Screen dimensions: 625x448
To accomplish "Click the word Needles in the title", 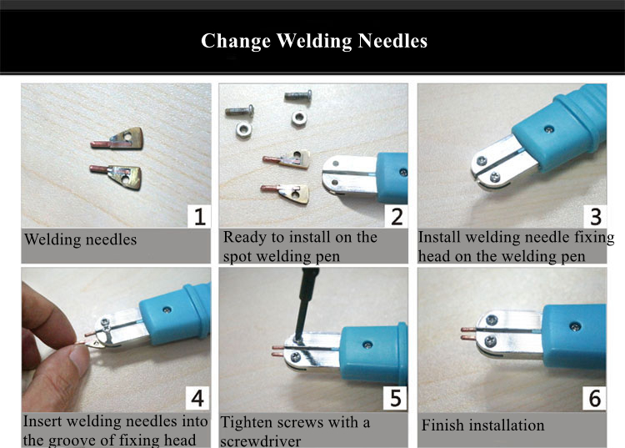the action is click(392, 41).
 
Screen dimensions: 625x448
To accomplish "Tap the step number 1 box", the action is click(199, 216).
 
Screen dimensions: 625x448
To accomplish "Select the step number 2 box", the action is click(396, 216).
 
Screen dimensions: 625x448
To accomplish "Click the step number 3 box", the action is click(595, 216).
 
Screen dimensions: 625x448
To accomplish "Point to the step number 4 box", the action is click(197, 398).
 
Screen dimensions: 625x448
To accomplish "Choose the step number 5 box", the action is click(395, 398).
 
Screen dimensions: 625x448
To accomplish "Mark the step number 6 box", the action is click(594, 398).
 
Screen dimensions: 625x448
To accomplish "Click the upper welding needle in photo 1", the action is click(117, 139).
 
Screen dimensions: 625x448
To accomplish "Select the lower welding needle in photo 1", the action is click(116, 175).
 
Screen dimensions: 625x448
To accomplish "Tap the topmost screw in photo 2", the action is click(298, 95).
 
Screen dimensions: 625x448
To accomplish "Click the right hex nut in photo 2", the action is click(299, 118).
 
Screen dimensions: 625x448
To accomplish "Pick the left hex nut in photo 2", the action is click(243, 129).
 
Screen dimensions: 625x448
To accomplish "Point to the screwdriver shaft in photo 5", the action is click(305, 304).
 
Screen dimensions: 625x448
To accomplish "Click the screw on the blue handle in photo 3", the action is click(549, 128).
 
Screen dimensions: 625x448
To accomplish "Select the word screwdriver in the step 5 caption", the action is click(260, 441).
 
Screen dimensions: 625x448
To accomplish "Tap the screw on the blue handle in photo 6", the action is click(575, 326).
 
